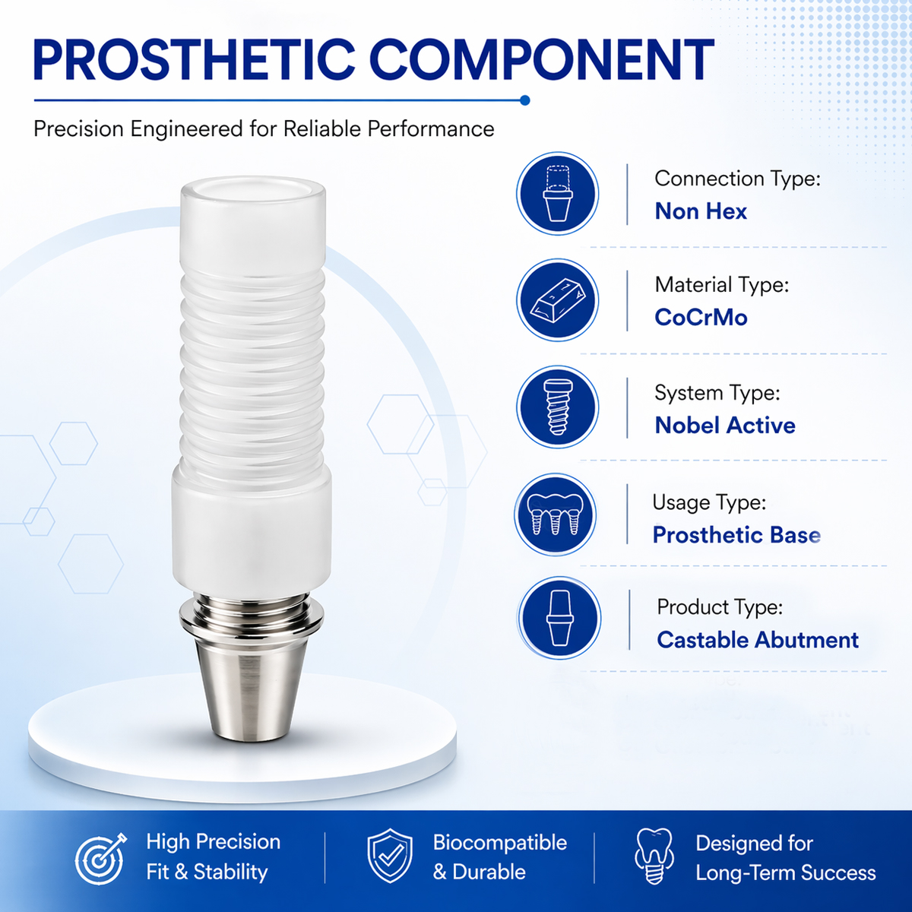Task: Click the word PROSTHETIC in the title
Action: click(193, 61)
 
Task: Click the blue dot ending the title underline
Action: click(524, 100)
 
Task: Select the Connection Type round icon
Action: click(557, 194)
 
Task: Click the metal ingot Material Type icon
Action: click(557, 300)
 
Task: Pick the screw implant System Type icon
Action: click(557, 407)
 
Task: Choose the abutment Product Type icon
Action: click(559, 618)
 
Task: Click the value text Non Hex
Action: click(701, 211)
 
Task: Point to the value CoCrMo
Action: click(701, 318)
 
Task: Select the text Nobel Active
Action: click(725, 426)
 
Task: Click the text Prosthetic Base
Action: click(736, 535)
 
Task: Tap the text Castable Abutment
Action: click(758, 640)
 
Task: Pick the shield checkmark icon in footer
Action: click(390, 857)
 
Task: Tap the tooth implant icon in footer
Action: click(654, 857)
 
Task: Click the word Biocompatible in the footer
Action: click(499, 843)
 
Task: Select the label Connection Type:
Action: click(737, 179)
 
